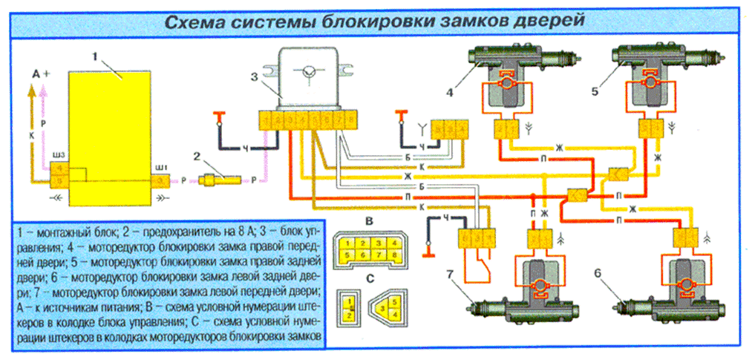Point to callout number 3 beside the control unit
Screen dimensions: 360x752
(x=254, y=76)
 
